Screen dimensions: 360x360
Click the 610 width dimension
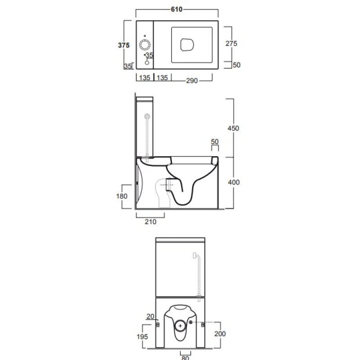(x=176, y=9)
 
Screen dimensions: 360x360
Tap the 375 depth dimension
(x=124, y=45)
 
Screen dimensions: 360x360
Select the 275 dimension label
(x=231, y=43)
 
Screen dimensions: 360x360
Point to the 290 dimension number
(x=192, y=81)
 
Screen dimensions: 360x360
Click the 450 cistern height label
(x=233, y=128)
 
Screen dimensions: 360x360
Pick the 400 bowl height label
(x=234, y=182)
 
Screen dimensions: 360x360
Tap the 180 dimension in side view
(x=121, y=196)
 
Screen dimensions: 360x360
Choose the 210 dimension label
(x=150, y=222)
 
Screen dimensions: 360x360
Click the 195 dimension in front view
(x=142, y=337)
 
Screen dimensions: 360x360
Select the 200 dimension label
(x=220, y=333)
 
